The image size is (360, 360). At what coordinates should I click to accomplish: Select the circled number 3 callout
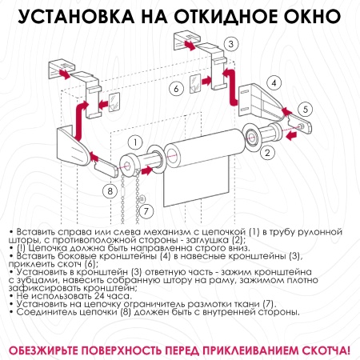230,44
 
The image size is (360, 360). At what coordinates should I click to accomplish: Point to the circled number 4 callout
273,82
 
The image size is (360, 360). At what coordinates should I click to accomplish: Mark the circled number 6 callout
175,89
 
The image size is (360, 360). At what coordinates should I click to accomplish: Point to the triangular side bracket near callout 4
256,99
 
